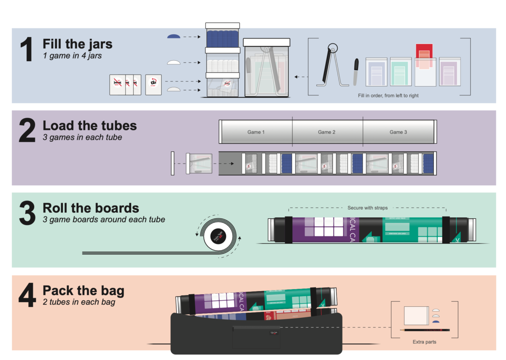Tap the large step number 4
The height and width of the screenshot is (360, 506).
(28, 297)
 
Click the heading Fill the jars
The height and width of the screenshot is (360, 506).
(77, 44)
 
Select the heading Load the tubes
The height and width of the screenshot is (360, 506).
(89, 126)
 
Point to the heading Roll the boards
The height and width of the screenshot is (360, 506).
(91, 208)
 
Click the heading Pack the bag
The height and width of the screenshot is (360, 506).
(83, 291)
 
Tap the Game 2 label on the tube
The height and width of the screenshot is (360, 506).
(327, 132)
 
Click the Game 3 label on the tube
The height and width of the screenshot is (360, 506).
(398, 132)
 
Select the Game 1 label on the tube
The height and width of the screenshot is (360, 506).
(256, 132)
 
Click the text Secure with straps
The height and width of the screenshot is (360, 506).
(367, 208)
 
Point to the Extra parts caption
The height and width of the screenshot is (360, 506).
(424, 342)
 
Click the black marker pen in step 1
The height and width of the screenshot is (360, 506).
(356, 72)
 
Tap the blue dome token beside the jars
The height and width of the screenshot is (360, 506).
(174, 37)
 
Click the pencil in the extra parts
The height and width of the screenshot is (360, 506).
(425, 330)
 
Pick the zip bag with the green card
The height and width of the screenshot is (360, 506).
(401, 71)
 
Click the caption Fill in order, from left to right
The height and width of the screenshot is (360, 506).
(388, 96)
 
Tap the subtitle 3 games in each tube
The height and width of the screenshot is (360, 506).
(82, 137)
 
